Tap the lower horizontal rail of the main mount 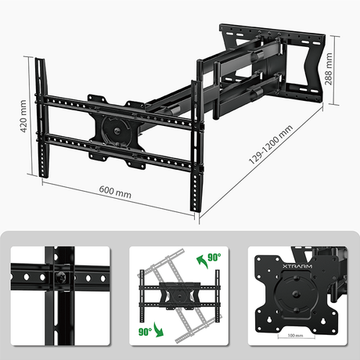117,149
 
